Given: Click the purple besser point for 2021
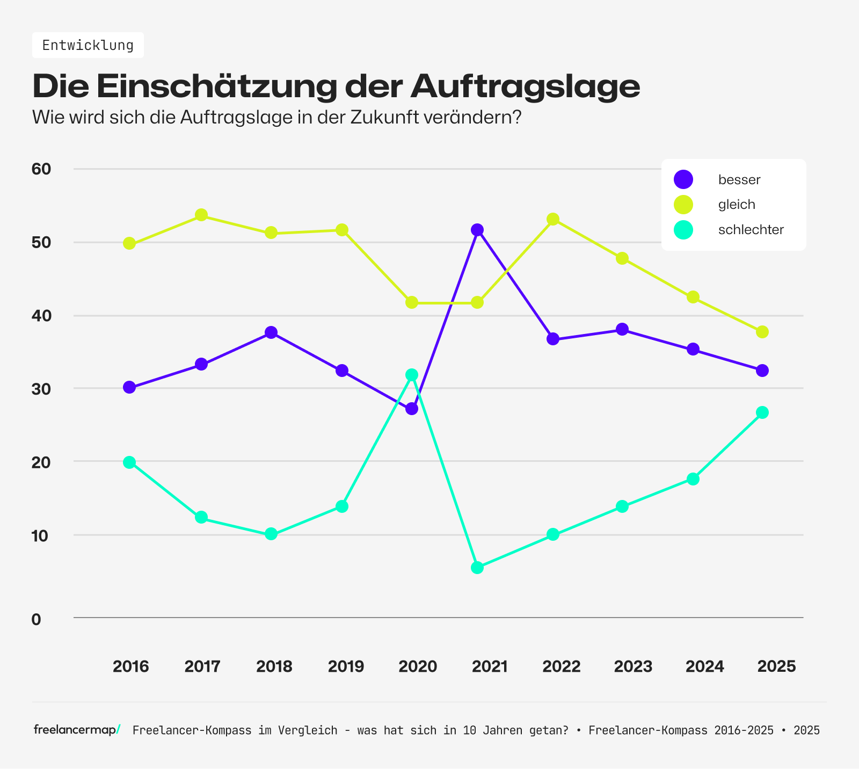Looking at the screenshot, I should click(x=477, y=230).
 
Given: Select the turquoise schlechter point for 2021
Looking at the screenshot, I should click(x=477, y=568).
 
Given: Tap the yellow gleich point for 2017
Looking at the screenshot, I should click(x=201, y=215).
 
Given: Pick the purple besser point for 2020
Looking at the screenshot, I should click(x=412, y=409).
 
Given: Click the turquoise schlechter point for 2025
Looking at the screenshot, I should click(x=762, y=412).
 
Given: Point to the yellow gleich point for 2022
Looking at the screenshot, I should click(x=553, y=219).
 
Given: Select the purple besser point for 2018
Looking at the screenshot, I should click(x=271, y=332).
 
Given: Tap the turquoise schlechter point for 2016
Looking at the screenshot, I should click(x=129, y=462).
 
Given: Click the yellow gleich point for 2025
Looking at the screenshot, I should click(x=762, y=332).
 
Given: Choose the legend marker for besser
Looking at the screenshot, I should click(x=683, y=179).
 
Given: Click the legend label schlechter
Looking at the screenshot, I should click(x=751, y=230).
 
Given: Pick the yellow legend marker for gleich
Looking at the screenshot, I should click(x=683, y=205).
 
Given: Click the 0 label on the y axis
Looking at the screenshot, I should click(x=36, y=619).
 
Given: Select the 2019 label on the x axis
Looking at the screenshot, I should click(x=346, y=666).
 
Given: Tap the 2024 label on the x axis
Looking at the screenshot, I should click(x=705, y=666).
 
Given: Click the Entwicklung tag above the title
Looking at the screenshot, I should click(x=88, y=45).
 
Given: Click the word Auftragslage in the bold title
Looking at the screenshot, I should click(x=525, y=86).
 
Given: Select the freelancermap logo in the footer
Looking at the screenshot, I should click(x=77, y=730).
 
